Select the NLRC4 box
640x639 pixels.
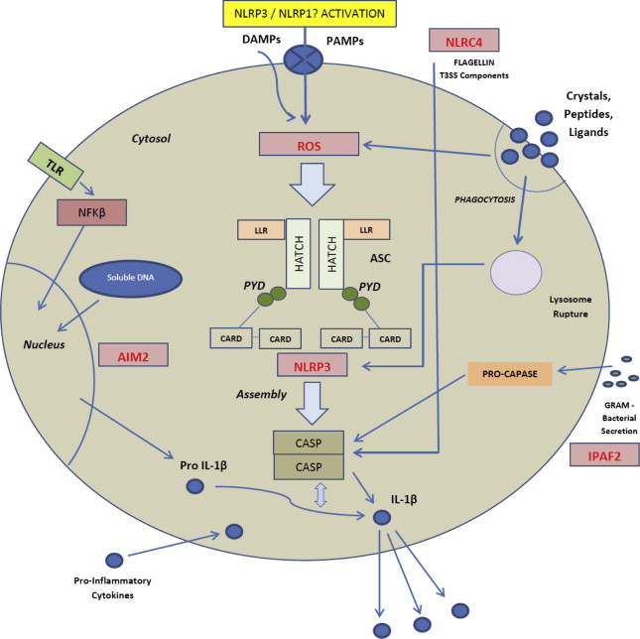click(x=463, y=42)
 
